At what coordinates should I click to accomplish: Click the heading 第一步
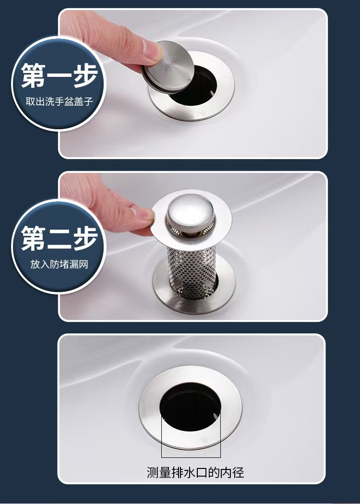60,75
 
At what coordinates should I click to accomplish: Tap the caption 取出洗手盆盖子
60,101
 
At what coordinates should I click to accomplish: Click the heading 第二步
60,238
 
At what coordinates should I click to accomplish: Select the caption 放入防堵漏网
60,264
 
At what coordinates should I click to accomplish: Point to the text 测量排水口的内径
195,472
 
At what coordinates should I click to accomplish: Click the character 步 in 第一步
85,75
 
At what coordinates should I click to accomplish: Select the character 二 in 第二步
60,238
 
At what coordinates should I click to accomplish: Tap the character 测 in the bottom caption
153,472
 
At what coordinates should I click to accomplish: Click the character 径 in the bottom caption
238,472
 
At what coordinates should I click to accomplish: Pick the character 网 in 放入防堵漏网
84,264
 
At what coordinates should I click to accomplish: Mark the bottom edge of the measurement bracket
191,457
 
